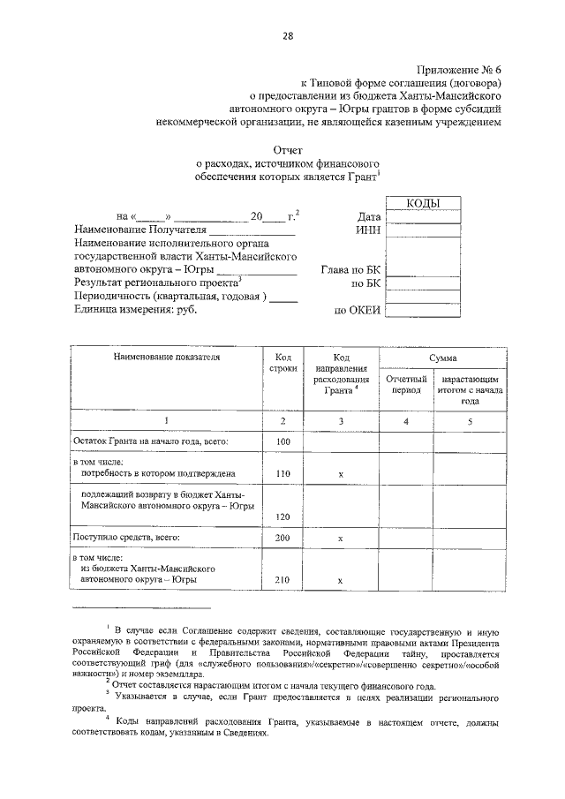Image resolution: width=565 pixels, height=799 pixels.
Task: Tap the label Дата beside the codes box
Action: [368, 216]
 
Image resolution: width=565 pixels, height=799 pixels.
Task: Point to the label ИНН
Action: [367, 230]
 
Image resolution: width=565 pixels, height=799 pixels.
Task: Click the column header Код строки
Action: [282, 363]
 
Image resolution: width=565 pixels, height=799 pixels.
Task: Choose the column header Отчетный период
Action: [406, 384]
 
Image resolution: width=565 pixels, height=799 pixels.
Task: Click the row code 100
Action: [282, 441]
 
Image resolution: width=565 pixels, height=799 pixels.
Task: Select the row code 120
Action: [282, 516]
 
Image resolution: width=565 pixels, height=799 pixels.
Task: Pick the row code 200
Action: [282, 538]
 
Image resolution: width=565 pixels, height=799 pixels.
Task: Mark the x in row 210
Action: [340, 581]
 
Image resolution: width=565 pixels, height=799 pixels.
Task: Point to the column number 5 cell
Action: [470, 421]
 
